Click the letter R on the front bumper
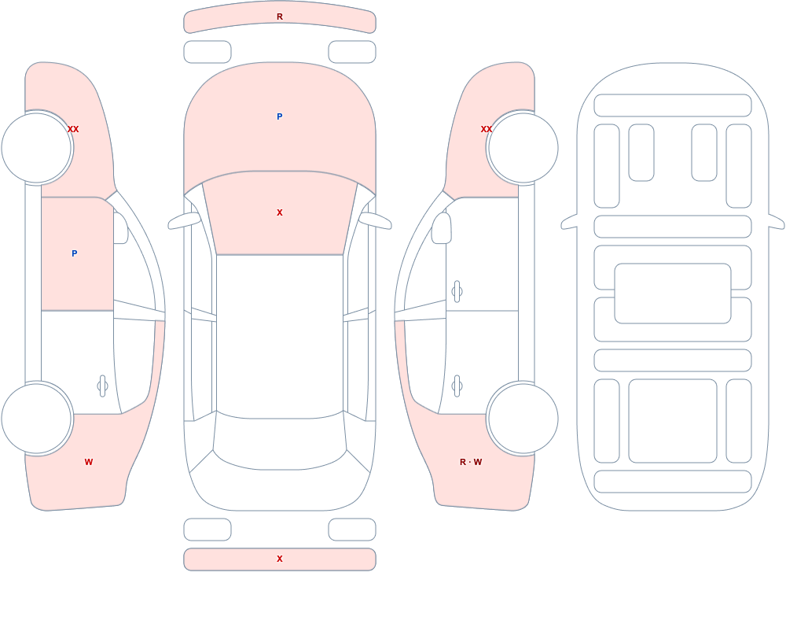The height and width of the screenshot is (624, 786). pos(280,17)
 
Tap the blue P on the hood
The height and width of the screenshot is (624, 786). pos(280,116)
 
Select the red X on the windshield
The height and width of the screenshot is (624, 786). pos(280,213)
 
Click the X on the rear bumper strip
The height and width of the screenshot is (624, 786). pos(280,559)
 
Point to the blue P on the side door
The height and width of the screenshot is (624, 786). pos(74,253)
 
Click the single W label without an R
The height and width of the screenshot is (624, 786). pos(89,462)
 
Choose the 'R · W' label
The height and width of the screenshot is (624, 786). pos(471,462)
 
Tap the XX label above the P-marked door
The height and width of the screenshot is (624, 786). pos(73,129)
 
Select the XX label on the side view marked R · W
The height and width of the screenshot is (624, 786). pos(487,129)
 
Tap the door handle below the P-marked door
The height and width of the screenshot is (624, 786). pos(102,386)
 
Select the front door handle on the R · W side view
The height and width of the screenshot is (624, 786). pos(457,292)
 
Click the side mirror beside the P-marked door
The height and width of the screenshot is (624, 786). pos(120,228)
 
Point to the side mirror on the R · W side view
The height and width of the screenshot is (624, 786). pos(441,228)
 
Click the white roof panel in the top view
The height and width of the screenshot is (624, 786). pos(280,335)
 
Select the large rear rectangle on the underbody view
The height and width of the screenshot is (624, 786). pos(672,421)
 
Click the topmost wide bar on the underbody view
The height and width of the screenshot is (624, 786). pos(672,105)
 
